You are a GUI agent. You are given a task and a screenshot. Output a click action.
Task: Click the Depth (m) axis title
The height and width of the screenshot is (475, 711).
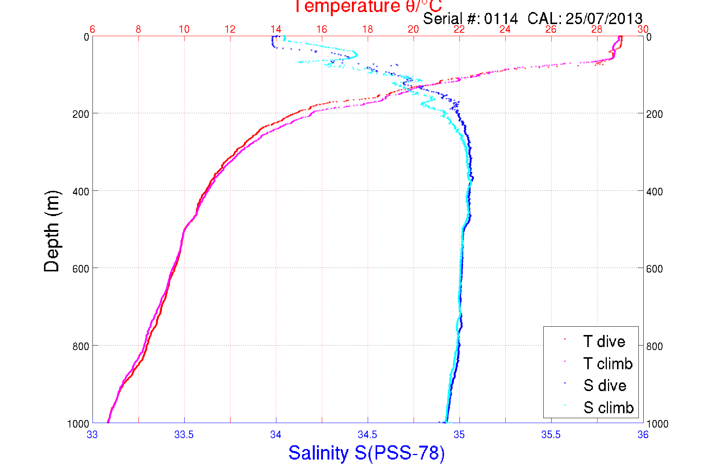(52, 231)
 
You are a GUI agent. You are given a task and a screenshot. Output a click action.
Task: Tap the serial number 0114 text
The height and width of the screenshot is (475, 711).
(501, 18)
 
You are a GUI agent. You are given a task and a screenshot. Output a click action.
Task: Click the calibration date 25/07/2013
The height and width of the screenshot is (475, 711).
(604, 18)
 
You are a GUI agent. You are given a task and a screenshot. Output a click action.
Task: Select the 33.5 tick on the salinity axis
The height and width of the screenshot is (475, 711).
(184, 435)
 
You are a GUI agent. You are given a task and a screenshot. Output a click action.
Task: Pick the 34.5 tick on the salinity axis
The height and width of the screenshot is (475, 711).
(367, 435)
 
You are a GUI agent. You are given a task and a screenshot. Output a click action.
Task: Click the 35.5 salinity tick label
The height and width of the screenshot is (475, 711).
(551, 435)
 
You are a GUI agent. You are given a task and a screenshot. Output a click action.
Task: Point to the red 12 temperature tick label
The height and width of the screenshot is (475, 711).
(230, 29)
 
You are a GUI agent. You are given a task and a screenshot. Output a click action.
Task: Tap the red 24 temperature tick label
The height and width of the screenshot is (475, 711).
(505, 29)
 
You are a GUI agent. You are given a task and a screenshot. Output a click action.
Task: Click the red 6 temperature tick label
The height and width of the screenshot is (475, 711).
(92, 29)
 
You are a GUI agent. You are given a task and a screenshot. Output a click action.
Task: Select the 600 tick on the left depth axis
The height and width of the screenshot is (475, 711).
(81, 268)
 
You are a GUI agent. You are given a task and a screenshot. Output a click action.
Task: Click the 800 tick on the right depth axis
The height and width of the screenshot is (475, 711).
(654, 346)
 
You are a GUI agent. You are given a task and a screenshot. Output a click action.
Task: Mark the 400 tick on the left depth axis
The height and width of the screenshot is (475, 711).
(81, 191)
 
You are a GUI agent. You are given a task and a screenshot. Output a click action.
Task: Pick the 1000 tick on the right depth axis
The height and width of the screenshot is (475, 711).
(657, 424)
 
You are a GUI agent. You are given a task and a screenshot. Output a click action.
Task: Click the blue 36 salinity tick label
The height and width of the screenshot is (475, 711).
(643, 435)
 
